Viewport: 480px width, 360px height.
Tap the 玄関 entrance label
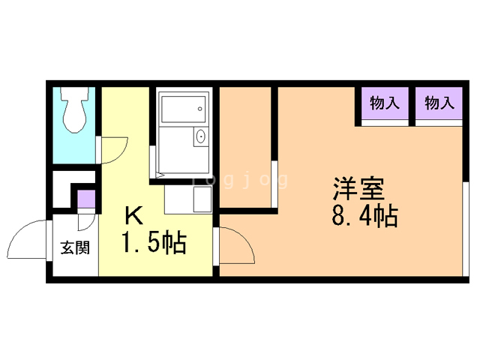pos(75,247)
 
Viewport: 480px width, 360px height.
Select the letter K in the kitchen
pos(134,215)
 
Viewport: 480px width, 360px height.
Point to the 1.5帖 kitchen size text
pos(154,242)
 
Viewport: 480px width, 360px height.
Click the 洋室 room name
pos(358,188)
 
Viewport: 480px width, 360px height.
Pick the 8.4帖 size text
pos(365,215)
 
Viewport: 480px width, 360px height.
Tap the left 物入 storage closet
pos(385,103)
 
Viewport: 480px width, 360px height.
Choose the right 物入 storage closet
pos(439,103)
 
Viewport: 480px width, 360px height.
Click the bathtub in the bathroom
pos(183,109)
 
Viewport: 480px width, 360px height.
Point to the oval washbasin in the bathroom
pos(200,136)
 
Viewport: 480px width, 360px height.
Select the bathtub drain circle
pos(200,109)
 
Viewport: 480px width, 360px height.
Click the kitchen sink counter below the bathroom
pos(188,199)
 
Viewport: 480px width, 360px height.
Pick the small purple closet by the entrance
pos(86,199)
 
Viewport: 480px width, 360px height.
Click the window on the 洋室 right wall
pos(466,229)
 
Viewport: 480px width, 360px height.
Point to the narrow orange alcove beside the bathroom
pos(245,147)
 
